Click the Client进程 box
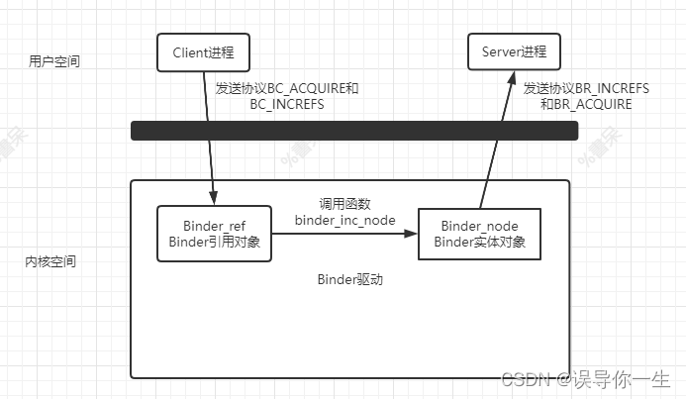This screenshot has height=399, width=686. click(202, 52)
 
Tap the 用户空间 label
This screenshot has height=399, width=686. click(54, 61)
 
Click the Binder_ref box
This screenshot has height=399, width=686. click(214, 234)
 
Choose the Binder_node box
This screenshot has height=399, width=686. click(480, 234)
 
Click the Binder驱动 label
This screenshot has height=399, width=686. click(349, 280)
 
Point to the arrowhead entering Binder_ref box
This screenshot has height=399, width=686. click(213, 198)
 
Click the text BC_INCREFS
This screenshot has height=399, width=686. click(287, 103)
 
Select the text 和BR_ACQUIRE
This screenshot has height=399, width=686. click(586, 103)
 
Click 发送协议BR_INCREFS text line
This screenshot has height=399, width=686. click(586, 88)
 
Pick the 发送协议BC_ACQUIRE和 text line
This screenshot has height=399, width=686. click(287, 88)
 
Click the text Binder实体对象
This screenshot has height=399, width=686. click(480, 243)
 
